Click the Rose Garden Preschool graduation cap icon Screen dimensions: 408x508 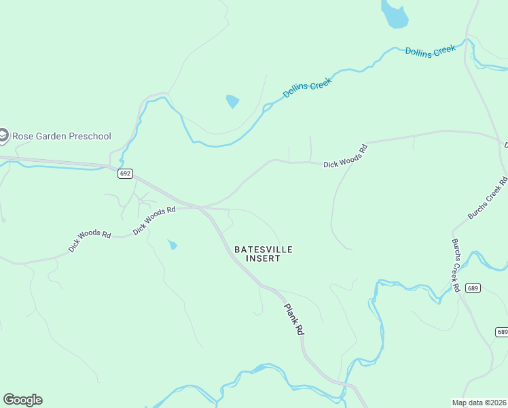point(3,136)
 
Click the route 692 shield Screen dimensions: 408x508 point(124,173)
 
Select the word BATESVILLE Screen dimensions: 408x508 point(263,250)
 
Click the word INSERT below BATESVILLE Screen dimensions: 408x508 point(263,258)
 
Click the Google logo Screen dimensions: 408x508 point(22,400)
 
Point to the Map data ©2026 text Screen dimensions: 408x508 point(478,403)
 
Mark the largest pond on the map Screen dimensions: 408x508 point(393,15)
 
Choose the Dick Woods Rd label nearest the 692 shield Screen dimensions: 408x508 point(154,220)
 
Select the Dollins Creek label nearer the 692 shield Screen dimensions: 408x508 point(308,88)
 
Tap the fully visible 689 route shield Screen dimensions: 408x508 point(473,288)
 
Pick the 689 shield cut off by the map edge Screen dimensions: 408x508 point(501,332)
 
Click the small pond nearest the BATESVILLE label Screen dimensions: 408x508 point(173,244)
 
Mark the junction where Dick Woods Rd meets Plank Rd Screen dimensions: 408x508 point(201,207)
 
